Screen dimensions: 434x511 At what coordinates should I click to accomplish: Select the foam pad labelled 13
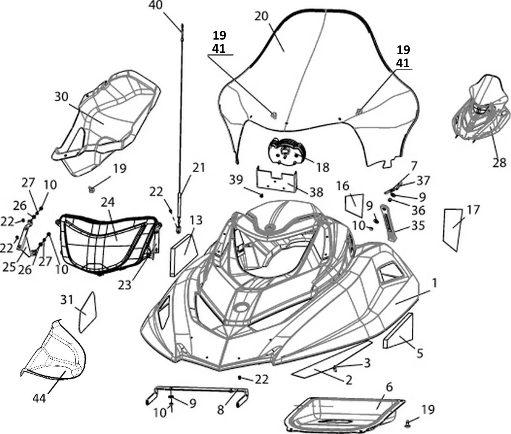tap(183, 251)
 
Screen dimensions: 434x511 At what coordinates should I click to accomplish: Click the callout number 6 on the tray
tap(389, 387)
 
